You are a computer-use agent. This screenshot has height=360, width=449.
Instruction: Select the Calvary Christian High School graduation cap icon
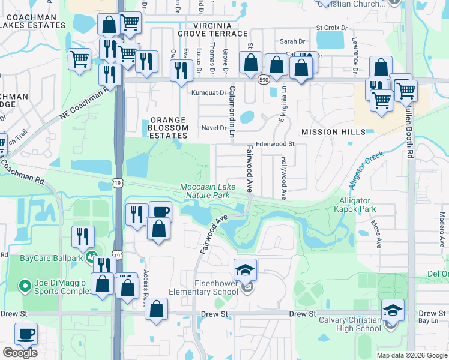(x=393, y=310)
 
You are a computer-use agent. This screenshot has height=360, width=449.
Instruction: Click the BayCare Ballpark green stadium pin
(x=91, y=257)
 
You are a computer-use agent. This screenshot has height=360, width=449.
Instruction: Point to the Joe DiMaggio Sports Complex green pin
(x=25, y=286)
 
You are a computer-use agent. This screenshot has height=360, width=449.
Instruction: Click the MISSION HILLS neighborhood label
(x=333, y=131)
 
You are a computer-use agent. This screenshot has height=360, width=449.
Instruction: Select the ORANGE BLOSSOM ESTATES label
(x=169, y=128)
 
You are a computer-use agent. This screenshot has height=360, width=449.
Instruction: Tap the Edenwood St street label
(x=275, y=144)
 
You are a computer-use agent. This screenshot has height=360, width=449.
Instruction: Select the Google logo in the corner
(x=20, y=353)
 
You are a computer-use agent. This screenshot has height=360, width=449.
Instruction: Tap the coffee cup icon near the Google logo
(x=26, y=334)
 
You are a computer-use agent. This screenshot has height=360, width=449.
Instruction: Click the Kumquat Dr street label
(x=208, y=93)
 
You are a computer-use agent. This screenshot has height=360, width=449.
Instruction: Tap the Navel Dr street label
(x=213, y=128)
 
